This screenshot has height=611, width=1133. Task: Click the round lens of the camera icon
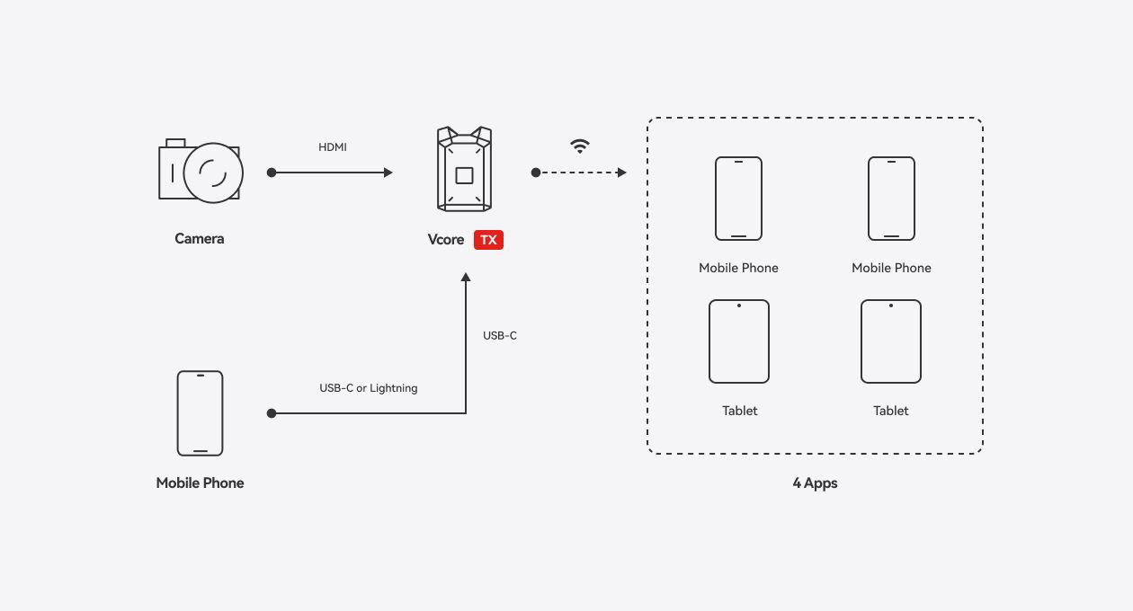[213, 173]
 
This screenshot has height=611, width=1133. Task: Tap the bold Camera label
[200, 239]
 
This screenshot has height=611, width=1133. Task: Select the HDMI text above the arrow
[333, 147]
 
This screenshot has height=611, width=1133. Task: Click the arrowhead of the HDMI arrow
[388, 173]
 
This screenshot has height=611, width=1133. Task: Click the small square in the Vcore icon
[464, 174]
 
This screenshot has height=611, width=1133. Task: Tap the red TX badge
[488, 240]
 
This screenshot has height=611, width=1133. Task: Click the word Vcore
[446, 240]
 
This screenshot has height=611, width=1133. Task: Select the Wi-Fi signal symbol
[580, 146]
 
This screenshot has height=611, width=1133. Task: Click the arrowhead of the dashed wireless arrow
[622, 173]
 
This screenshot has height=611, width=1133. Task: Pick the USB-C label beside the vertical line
[500, 336]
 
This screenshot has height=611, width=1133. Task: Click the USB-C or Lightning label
[369, 388]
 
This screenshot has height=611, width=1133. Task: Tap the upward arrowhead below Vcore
[466, 278]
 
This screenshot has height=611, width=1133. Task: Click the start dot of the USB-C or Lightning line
[272, 413]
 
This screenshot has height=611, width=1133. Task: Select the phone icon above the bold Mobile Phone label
[200, 413]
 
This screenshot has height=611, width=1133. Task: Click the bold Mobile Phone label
[200, 483]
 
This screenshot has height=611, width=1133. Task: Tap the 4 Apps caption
[815, 483]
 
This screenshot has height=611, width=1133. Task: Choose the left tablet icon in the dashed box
[739, 341]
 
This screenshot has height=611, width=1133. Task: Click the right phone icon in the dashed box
[891, 199]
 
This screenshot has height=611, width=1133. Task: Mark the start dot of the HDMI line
[272, 173]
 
